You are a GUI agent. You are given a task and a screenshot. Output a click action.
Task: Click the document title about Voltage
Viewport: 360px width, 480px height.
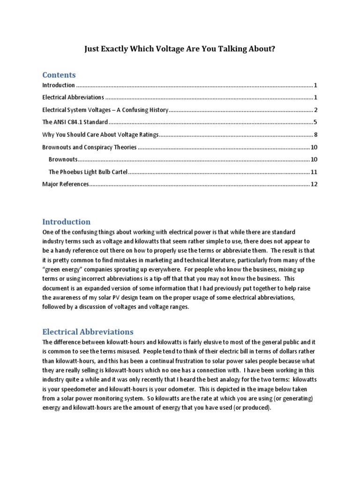(x=180, y=49)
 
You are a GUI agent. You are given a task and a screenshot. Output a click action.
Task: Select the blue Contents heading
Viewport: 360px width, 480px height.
(x=59, y=75)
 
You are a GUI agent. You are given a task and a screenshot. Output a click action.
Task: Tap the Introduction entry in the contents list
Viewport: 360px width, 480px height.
(x=59, y=85)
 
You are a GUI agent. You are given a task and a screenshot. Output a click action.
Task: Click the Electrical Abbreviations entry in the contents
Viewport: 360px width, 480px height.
(x=73, y=97)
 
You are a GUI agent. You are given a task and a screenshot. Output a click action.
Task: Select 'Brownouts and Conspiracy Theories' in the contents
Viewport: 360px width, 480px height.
(x=89, y=147)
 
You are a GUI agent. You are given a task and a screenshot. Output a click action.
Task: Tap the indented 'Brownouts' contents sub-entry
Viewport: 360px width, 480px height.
(x=63, y=159)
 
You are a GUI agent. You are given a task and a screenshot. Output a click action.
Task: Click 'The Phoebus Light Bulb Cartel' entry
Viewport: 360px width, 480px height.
(x=88, y=172)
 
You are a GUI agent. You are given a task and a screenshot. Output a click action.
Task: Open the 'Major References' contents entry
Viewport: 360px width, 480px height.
(x=65, y=184)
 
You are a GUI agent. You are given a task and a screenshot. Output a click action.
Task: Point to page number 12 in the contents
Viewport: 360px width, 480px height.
(x=314, y=184)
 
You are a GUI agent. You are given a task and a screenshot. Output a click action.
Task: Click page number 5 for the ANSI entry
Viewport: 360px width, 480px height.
(x=316, y=122)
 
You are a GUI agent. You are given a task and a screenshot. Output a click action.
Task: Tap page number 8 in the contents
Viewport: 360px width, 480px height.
(x=316, y=135)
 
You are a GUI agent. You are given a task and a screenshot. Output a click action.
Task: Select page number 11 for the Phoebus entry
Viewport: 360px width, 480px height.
(x=314, y=172)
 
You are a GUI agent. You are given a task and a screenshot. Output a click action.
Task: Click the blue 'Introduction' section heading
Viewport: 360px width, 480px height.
(x=66, y=222)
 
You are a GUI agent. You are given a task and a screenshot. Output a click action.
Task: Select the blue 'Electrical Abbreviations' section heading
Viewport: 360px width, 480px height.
(x=88, y=331)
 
